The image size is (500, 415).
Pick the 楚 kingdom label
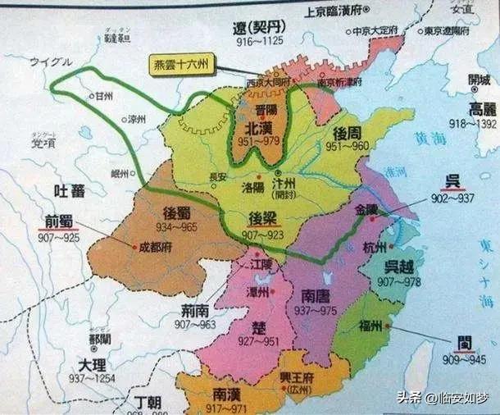point(258,326)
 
